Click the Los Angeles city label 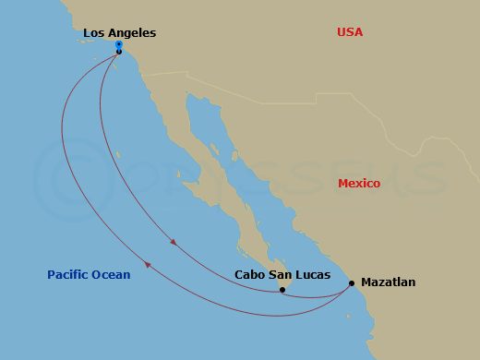click(119, 33)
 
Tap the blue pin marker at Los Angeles click(119, 44)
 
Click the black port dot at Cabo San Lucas click(282, 291)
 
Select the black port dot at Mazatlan click(352, 283)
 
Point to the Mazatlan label click(388, 282)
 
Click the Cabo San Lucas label click(282, 274)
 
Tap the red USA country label click(350, 32)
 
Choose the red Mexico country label click(358, 184)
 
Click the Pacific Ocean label click(89, 274)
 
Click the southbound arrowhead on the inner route click(174, 244)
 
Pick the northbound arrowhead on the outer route click(148, 266)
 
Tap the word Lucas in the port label click(312, 274)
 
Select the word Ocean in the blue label click(111, 274)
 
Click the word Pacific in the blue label click(68, 274)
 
